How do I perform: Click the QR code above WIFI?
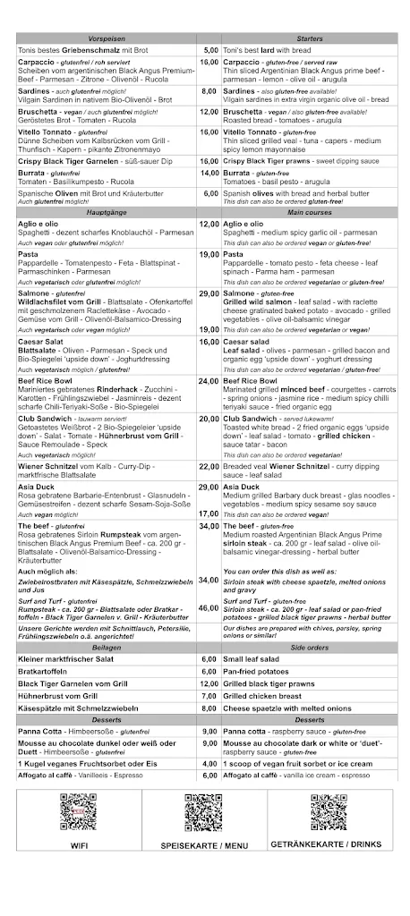(x=78, y=813)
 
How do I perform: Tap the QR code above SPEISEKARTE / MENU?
(x=203, y=813)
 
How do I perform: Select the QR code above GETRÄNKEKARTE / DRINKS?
(x=328, y=813)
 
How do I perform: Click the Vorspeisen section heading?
(x=107, y=40)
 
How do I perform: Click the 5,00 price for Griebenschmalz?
(x=211, y=51)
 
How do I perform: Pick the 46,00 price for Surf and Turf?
(x=209, y=607)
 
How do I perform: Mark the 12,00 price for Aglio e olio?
(x=209, y=224)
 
